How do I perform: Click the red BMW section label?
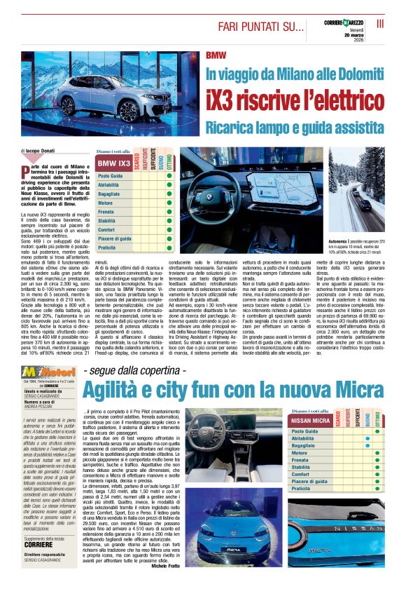coord(216,55)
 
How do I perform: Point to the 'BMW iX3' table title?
coord(113,164)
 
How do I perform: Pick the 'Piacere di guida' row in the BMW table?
coord(114,238)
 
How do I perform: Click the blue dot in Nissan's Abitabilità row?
coord(367,438)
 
